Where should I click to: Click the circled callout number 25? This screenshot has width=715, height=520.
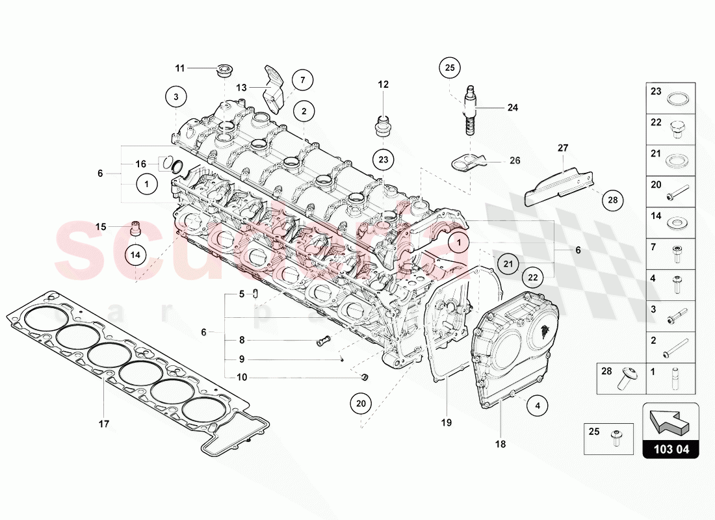(x=450, y=67)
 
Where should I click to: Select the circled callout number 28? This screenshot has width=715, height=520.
(x=612, y=201)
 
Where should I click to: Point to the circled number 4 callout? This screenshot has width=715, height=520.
(x=537, y=406)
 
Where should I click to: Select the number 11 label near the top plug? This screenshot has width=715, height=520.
(x=180, y=68)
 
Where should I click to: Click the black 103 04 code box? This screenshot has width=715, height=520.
(x=671, y=448)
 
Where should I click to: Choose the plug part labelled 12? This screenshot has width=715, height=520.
(x=382, y=125)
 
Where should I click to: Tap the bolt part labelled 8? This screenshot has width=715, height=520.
(x=323, y=340)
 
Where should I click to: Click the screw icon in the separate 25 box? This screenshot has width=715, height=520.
(x=615, y=439)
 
